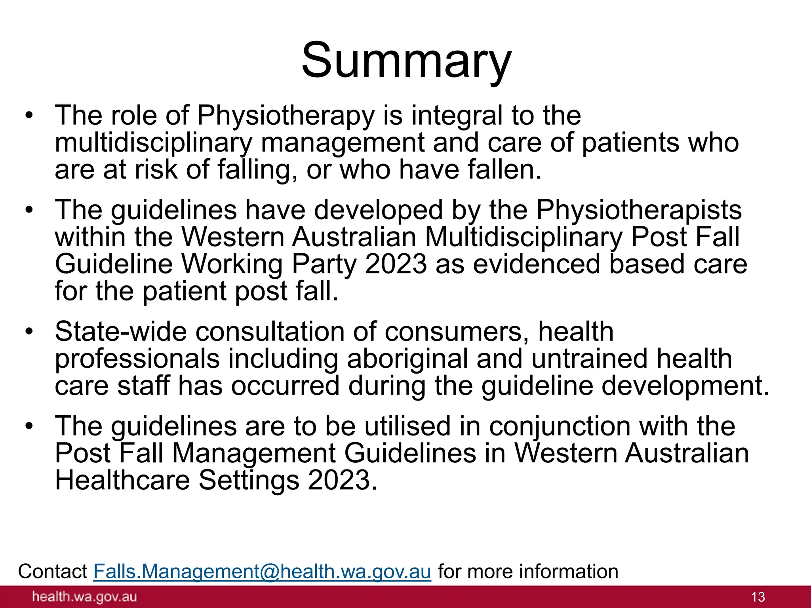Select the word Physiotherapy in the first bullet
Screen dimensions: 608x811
point(285,116)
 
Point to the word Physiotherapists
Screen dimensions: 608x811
point(638,210)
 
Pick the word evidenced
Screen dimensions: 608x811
point(537,264)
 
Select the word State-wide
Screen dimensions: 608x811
point(120,332)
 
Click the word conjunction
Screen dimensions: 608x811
point(560,426)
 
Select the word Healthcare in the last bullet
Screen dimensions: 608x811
point(122,480)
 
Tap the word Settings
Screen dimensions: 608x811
point(248,480)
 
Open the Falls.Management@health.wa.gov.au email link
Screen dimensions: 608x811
point(262,572)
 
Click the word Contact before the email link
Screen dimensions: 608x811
point(53,572)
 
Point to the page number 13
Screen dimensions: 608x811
point(758,597)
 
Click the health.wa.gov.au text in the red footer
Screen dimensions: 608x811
point(84,597)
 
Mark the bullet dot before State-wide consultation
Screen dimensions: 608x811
point(29,332)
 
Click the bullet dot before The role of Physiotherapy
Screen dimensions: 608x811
point(29,116)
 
